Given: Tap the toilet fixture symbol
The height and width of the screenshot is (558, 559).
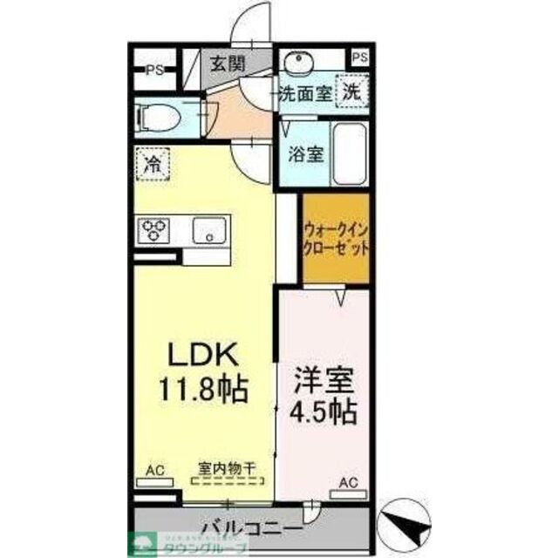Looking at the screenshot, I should pyautogui.click(x=160, y=116).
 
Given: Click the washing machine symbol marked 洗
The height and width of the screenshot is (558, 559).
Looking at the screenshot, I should pyautogui.click(x=351, y=92).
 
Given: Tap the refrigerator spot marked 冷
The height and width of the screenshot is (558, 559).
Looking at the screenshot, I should pyautogui.click(x=152, y=163).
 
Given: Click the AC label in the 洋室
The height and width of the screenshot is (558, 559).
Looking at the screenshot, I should pyautogui.click(x=347, y=483).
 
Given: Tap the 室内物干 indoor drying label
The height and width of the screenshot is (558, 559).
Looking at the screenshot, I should pyautogui.click(x=226, y=469).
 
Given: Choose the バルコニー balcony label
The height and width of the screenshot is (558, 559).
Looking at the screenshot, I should pyautogui.click(x=251, y=528).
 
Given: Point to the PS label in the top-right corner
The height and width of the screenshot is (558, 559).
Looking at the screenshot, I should pyautogui.click(x=360, y=58).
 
